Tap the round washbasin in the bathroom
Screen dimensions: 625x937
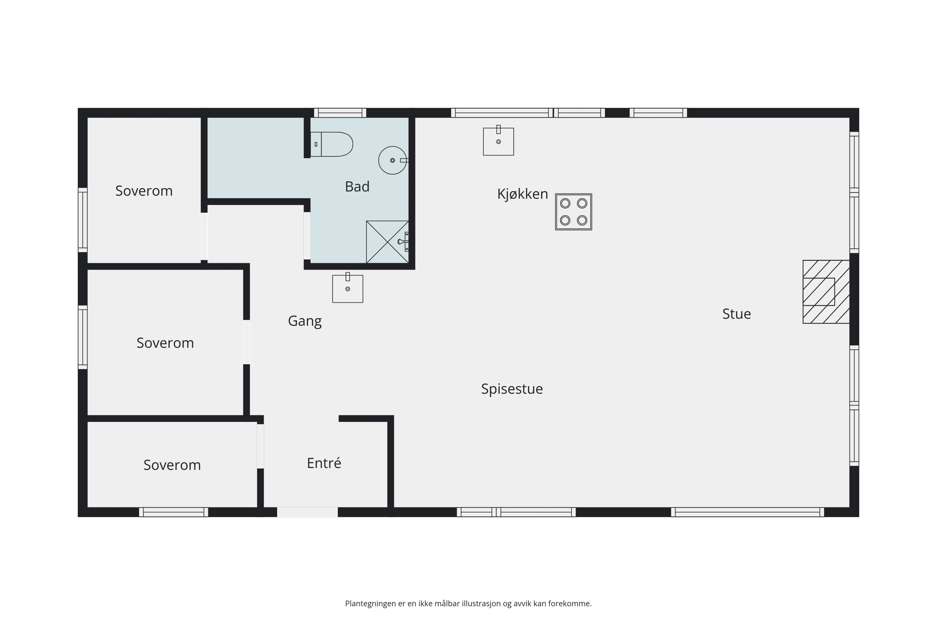pos(392,160)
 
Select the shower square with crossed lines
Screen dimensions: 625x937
pos(387,242)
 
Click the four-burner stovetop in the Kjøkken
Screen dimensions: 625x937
pos(573,212)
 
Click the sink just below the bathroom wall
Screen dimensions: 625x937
pos(347,289)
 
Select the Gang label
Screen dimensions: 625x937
pos(305,321)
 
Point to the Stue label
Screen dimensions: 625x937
pos(736,314)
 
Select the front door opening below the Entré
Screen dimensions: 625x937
pos(307,512)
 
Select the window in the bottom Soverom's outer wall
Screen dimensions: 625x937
pos(173,512)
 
